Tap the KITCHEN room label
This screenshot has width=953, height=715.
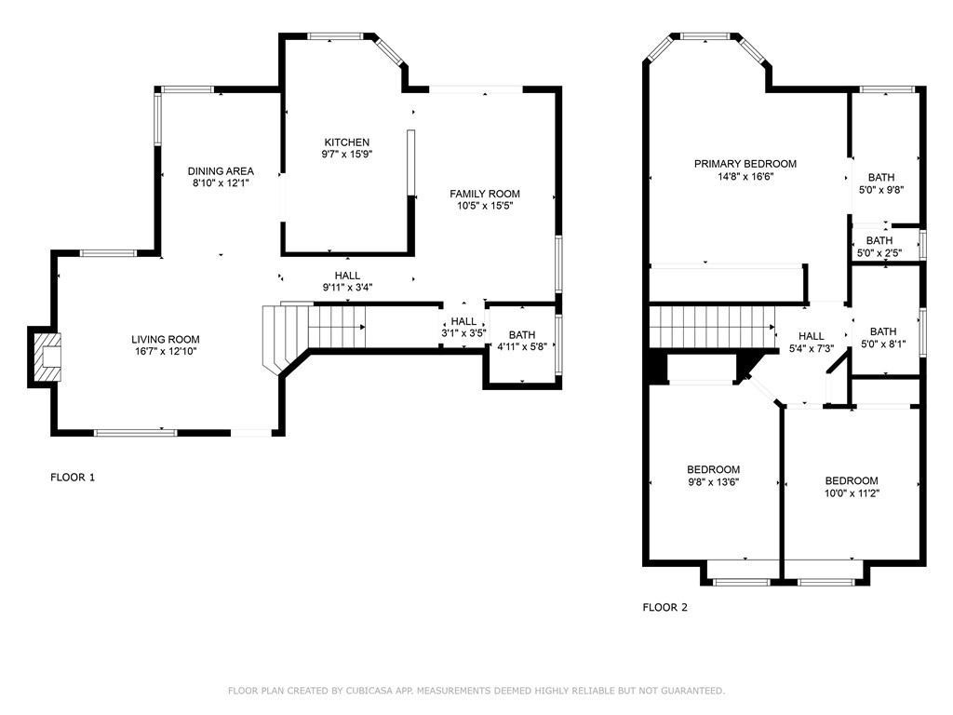(346, 142)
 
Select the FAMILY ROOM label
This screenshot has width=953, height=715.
(485, 194)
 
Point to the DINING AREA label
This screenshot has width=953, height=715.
(221, 171)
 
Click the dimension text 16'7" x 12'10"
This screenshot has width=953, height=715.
(165, 352)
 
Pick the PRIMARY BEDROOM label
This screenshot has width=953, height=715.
(745, 164)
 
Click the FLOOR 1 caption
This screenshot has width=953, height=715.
(73, 478)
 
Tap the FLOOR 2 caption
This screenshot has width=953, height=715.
(665, 608)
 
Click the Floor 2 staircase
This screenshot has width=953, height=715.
(712, 326)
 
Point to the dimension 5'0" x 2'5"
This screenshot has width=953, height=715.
(879, 252)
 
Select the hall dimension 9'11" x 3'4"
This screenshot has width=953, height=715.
(347, 288)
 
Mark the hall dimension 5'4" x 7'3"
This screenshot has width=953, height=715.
(811, 348)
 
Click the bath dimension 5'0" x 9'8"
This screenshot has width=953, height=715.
(882, 190)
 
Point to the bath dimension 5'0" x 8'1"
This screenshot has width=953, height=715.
(882, 344)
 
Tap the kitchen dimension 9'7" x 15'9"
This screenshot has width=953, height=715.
(346, 155)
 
